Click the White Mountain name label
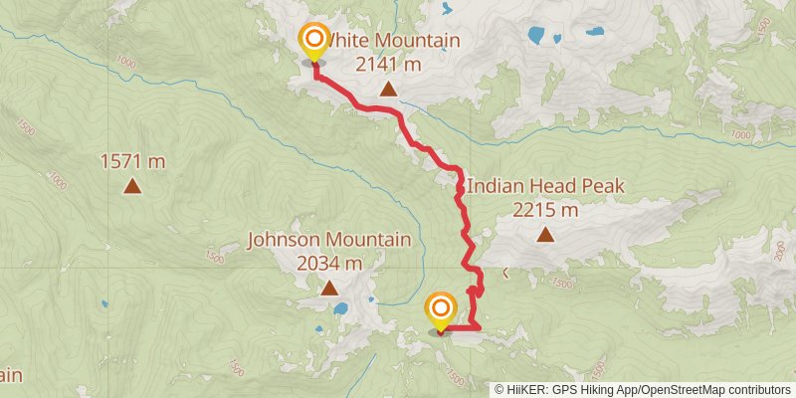pyautogui.click(x=393, y=41)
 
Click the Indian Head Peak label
pyautogui.click(x=545, y=186)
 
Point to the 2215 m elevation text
pyautogui.click(x=545, y=209)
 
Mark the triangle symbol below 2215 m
pyautogui.click(x=545, y=235)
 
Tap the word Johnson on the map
pyautogui.click(x=282, y=240)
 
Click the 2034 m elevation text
pyautogui.click(x=329, y=263)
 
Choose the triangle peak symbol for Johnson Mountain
pyautogui.click(x=329, y=289)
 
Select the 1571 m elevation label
pyautogui.click(x=131, y=160)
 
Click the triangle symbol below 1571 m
pyautogui.click(x=131, y=185)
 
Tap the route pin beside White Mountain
pyautogui.click(x=314, y=42)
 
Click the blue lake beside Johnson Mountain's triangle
pyautogui.click(x=340, y=308)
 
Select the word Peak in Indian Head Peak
pyautogui.click(x=604, y=186)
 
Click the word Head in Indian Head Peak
pyautogui.click(x=556, y=186)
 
